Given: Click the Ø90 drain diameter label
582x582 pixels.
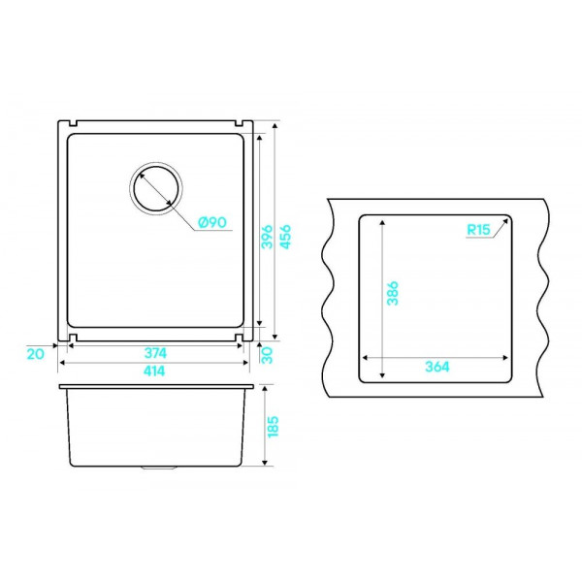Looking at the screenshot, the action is click(x=212, y=222).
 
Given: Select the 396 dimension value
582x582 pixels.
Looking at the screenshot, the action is click(x=268, y=237).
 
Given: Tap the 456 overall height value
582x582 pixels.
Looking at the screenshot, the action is click(x=285, y=237).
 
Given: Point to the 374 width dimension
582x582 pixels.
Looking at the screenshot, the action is click(x=155, y=353).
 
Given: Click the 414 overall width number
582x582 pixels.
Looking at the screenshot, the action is click(x=154, y=371).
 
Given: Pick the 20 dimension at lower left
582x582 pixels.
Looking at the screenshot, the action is click(x=35, y=354).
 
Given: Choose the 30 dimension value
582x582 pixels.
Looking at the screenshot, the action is click(x=268, y=355).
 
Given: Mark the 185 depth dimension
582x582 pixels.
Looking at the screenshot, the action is click(x=273, y=427).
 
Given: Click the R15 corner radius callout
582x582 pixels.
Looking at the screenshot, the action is click(x=478, y=230).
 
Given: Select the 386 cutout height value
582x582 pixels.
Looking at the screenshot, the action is click(x=392, y=293).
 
